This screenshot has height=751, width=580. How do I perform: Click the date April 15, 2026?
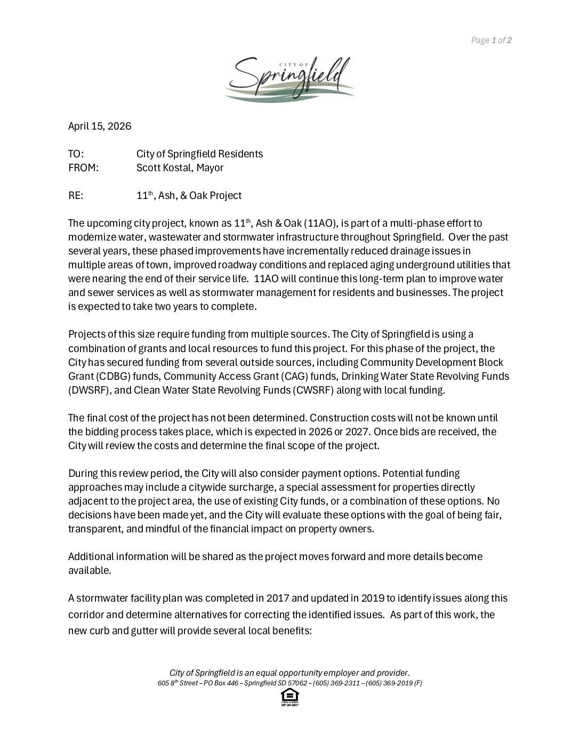tap(100, 126)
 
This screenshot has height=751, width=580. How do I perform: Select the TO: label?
tap(76, 154)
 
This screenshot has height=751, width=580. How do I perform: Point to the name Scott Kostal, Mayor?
tap(180, 168)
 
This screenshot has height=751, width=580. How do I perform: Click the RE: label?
tap(76, 196)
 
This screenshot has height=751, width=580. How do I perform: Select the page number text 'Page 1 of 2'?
tap(491, 40)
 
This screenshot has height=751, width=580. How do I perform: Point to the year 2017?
tap(278, 598)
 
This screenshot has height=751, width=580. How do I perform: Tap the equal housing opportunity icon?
tap(289, 697)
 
